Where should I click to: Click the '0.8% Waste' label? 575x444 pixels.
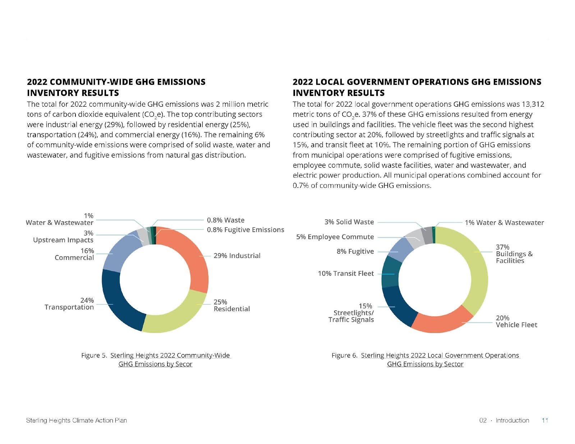click(x=225, y=220)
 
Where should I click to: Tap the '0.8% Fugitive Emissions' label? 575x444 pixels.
click(x=245, y=230)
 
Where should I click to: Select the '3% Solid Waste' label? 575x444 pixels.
click(x=349, y=222)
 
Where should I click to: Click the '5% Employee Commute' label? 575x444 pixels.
click(x=335, y=237)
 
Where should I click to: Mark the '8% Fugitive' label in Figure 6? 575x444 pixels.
click(x=355, y=251)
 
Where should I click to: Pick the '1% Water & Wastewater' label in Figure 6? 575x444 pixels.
click(x=504, y=223)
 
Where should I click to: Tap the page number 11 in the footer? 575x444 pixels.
click(x=545, y=420)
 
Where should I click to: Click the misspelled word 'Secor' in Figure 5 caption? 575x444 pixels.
click(x=184, y=364)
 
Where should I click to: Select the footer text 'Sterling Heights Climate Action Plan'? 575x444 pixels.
click(x=76, y=420)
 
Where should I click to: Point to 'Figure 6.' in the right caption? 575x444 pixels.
click(x=344, y=356)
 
